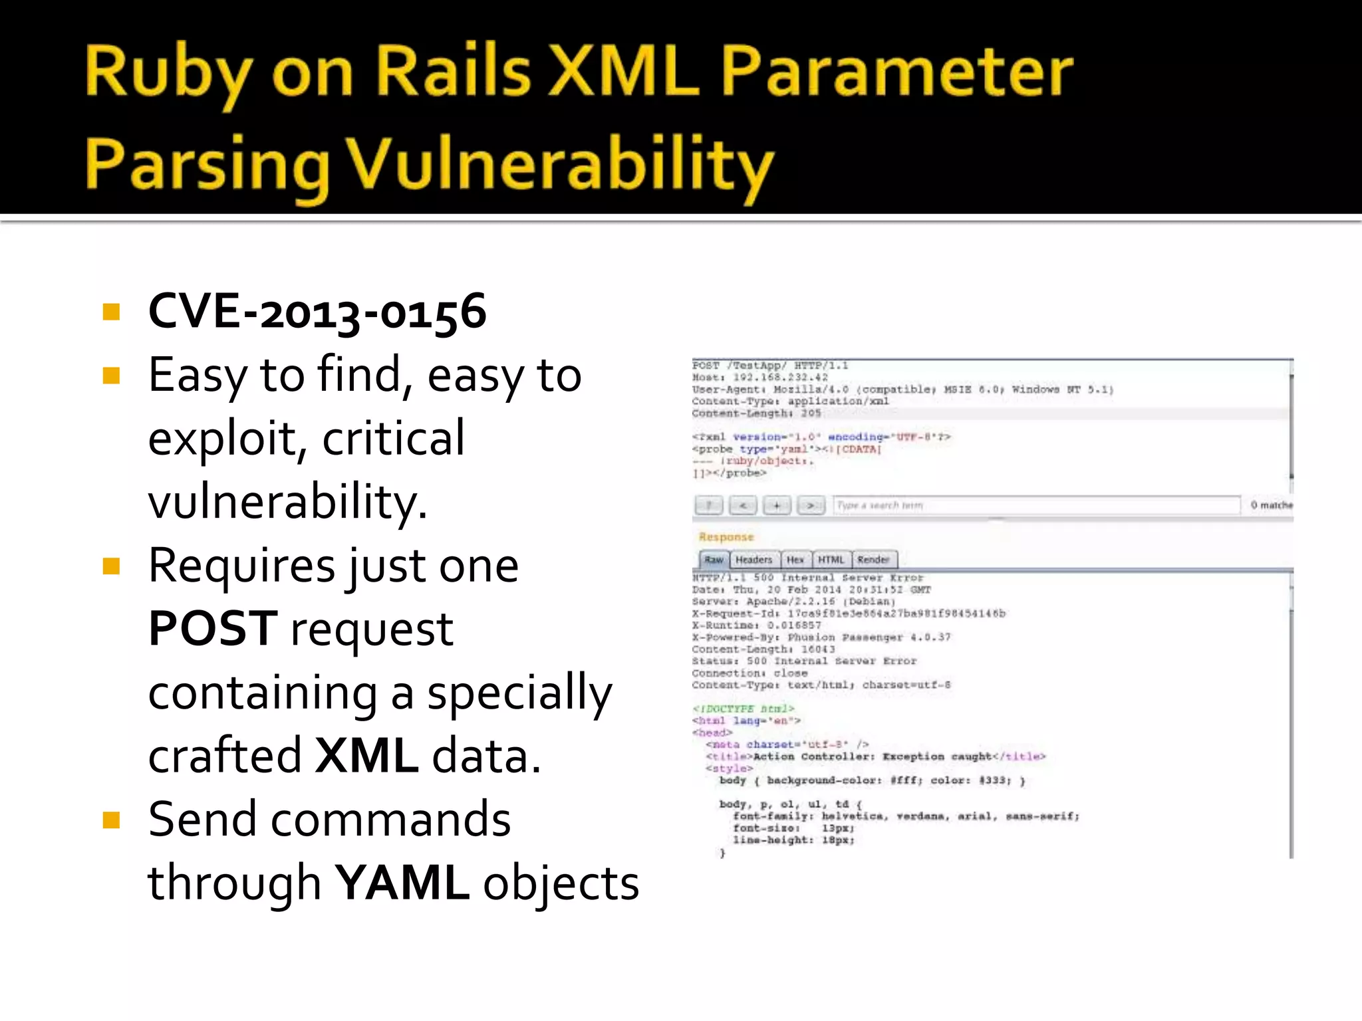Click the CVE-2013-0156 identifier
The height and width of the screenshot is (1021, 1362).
click(x=317, y=311)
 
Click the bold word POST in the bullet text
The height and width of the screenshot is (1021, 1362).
click(x=213, y=628)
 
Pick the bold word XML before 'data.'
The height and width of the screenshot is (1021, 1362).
click(x=366, y=756)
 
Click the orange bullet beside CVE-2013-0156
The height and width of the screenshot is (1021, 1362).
click(x=111, y=312)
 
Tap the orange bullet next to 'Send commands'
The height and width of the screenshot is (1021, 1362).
click(x=111, y=820)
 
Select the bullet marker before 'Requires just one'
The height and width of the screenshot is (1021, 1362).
click(x=111, y=566)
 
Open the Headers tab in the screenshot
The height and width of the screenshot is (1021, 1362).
click(x=753, y=560)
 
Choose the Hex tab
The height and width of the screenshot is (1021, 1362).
click(x=795, y=560)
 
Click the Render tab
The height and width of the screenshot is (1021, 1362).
click(x=873, y=560)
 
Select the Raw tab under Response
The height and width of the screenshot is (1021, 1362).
click(x=714, y=560)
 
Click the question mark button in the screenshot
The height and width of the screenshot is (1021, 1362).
click(x=709, y=506)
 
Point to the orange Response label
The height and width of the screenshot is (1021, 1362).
click(x=726, y=537)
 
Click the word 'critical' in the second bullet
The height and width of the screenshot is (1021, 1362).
click(x=393, y=438)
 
